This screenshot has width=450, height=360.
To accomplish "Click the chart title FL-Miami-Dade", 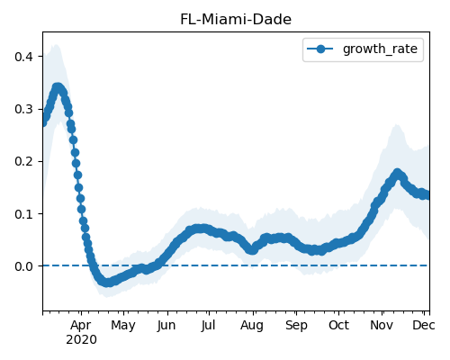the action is tap(236, 20).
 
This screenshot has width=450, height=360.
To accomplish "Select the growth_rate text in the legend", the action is tap(380, 49).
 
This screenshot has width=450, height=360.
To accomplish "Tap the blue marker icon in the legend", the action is tap(320, 49).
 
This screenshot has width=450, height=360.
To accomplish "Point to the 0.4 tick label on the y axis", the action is tap(23, 57).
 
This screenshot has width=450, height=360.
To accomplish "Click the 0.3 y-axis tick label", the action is tap(23, 109).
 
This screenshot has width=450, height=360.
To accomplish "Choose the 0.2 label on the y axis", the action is tap(23, 161).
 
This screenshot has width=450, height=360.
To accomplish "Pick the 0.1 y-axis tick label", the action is tap(23, 214).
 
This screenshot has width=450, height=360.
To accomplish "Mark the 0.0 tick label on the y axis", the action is tap(23, 266).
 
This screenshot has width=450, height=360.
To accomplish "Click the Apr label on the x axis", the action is tap(81, 326).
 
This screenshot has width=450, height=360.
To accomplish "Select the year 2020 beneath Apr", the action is tap(81, 340).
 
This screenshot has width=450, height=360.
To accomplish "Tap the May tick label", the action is tap(123, 326).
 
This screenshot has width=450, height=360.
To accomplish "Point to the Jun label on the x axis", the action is tap(166, 326).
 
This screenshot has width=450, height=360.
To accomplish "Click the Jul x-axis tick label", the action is tap(209, 326).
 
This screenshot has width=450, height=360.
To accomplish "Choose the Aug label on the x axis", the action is tap(252, 326).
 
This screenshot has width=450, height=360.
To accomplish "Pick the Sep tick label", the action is tap(296, 326).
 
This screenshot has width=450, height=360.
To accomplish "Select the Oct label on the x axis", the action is tap(339, 326).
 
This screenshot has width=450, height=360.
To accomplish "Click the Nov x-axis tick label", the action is tap(382, 326).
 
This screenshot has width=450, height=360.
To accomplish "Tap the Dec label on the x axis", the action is tap(424, 326).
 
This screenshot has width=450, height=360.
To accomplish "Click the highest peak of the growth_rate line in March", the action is tap(58, 87).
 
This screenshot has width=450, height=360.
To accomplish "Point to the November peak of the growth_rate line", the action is tap(397, 174).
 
